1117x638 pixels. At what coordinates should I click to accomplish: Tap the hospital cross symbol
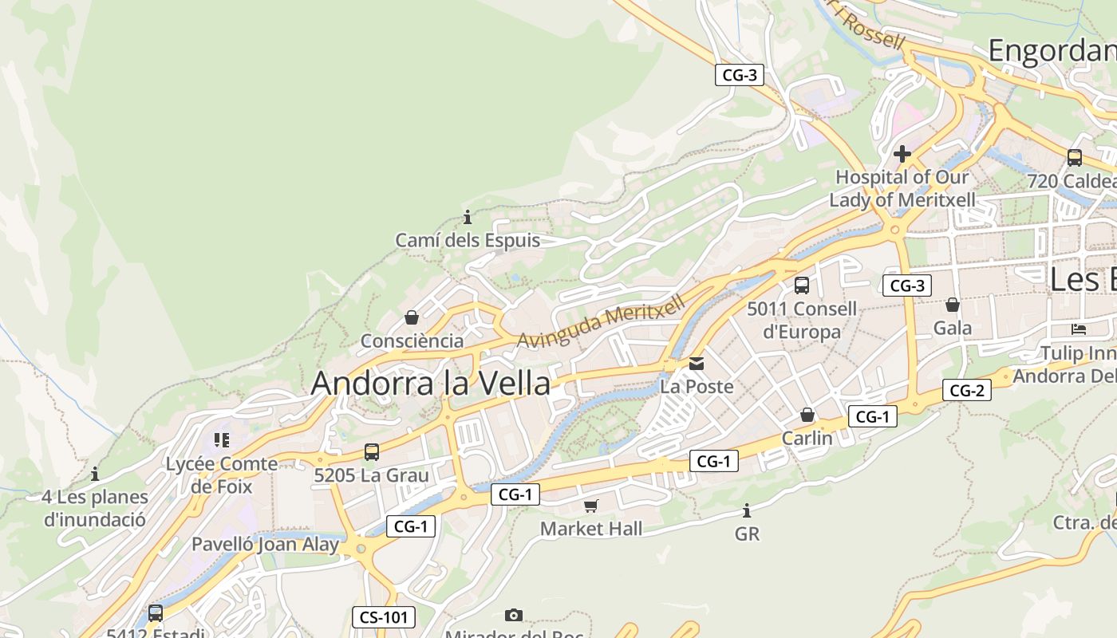pos(902,153)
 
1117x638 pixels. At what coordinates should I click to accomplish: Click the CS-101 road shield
pos(384,616)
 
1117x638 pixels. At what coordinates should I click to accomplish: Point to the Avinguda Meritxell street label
pos(601,321)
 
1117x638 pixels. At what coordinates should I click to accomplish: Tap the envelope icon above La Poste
pos(697,364)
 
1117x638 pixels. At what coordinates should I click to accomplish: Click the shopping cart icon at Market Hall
pos(591,506)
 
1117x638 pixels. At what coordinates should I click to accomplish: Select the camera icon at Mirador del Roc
pos(514,615)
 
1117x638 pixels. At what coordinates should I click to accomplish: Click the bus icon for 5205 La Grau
pos(372,452)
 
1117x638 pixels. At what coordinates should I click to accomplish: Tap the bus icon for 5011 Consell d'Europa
pos(802,285)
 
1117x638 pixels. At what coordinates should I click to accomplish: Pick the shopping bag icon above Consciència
pos(412,317)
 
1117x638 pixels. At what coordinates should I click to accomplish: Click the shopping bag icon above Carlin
pos(807,415)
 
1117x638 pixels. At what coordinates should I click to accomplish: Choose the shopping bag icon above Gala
pos(953,305)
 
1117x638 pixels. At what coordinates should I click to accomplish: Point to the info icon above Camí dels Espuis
pos(468,217)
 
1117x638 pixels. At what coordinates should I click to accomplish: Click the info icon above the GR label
pos(747,510)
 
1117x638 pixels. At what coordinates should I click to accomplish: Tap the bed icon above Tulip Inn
pos(1079,329)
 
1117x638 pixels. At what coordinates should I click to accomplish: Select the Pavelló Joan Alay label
pos(265,545)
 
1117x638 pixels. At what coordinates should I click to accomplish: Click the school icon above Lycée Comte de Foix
pos(222,439)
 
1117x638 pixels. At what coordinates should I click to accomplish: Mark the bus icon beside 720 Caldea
pos(1075,157)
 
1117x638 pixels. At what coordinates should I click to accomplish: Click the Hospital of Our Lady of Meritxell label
pos(902,188)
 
